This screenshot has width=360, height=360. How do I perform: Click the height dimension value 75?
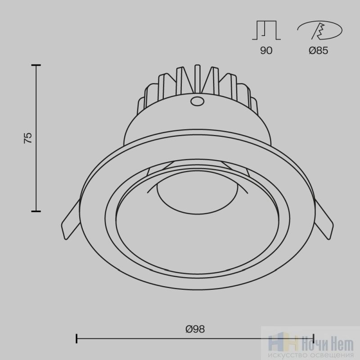(28, 138)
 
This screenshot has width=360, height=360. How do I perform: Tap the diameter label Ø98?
(195, 329)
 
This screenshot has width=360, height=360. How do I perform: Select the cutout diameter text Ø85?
(319, 50)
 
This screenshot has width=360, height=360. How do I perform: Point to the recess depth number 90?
(266, 50)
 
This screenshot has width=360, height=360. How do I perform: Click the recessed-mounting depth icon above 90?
(266, 30)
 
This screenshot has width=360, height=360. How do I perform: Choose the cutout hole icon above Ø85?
(319, 30)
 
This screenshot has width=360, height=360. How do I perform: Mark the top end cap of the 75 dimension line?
(36, 65)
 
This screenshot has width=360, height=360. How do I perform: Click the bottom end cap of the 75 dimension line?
(36, 211)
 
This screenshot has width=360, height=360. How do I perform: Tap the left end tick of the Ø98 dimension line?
(76, 339)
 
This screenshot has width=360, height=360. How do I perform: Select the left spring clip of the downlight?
(70, 220)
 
